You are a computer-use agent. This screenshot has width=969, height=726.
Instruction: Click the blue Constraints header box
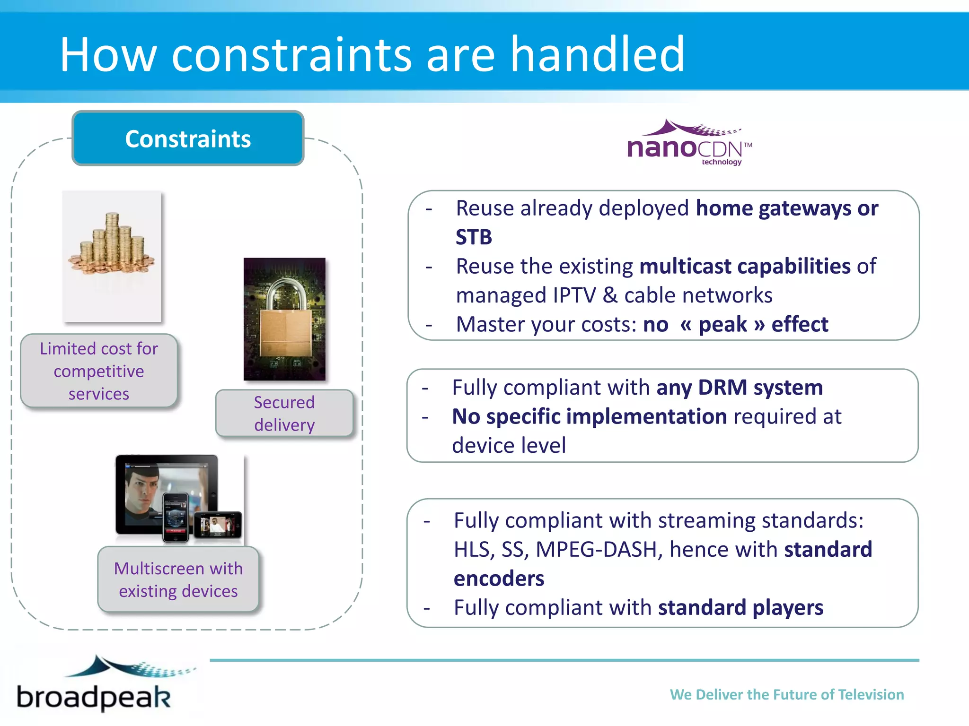(188, 138)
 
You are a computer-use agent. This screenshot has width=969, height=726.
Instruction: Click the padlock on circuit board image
(284, 319)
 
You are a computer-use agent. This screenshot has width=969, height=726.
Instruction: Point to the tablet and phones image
(179, 499)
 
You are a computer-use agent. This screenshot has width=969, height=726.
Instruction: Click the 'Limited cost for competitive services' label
(99, 371)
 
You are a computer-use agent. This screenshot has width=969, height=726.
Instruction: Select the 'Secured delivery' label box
(284, 414)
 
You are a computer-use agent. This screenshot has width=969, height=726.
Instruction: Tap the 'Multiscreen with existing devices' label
(178, 579)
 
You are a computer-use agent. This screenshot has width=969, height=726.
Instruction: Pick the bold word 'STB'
(474, 237)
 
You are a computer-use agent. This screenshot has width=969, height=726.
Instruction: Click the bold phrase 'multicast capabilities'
(745, 266)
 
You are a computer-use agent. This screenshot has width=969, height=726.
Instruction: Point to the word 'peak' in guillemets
(722, 325)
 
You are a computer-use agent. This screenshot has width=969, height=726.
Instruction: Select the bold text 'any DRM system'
(739, 388)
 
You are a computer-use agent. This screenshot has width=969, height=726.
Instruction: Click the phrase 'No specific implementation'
(589, 417)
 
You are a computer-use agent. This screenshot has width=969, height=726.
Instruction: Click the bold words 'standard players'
(740, 608)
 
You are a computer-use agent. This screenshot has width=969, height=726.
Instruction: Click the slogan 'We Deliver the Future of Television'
(786, 694)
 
